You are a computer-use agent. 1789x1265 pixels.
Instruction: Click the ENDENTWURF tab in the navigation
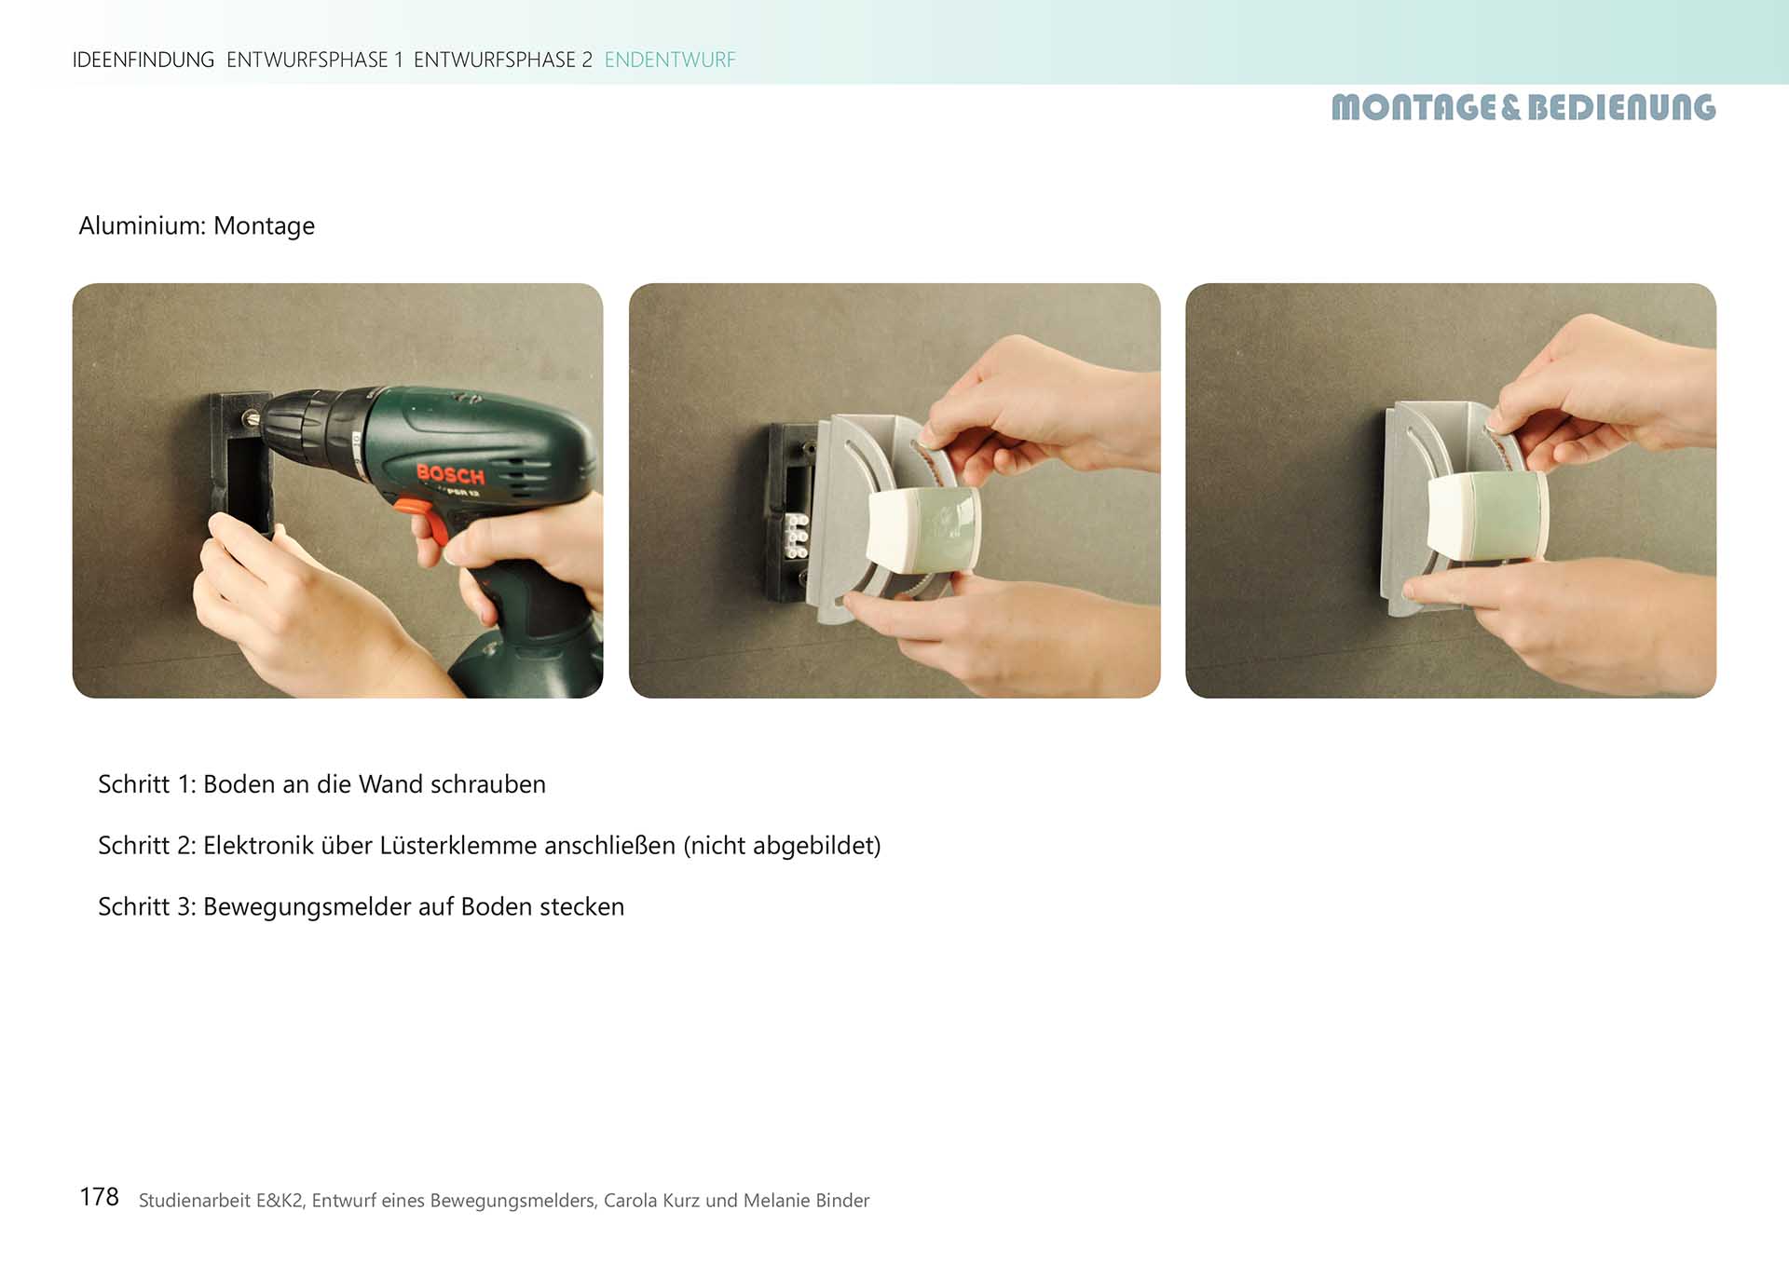pos(670,60)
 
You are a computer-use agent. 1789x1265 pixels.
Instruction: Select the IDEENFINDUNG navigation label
pos(143,60)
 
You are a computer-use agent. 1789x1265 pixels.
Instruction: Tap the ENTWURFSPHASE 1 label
pos(315,60)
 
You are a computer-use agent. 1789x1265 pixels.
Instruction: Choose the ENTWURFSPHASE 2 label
pos(503,60)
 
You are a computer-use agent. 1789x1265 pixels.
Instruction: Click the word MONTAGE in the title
pos(1413,108)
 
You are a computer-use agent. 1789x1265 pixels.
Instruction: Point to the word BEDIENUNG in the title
pos(1621,108)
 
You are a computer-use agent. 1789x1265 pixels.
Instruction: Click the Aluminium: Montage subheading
pos(197,226)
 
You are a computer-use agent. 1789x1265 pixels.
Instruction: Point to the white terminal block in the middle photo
pos(797,536)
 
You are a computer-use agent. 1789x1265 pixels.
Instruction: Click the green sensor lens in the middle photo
pos(951,527)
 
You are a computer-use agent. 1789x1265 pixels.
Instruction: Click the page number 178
pos(99,1197)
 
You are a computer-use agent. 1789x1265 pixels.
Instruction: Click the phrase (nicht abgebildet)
pos(782,846)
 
